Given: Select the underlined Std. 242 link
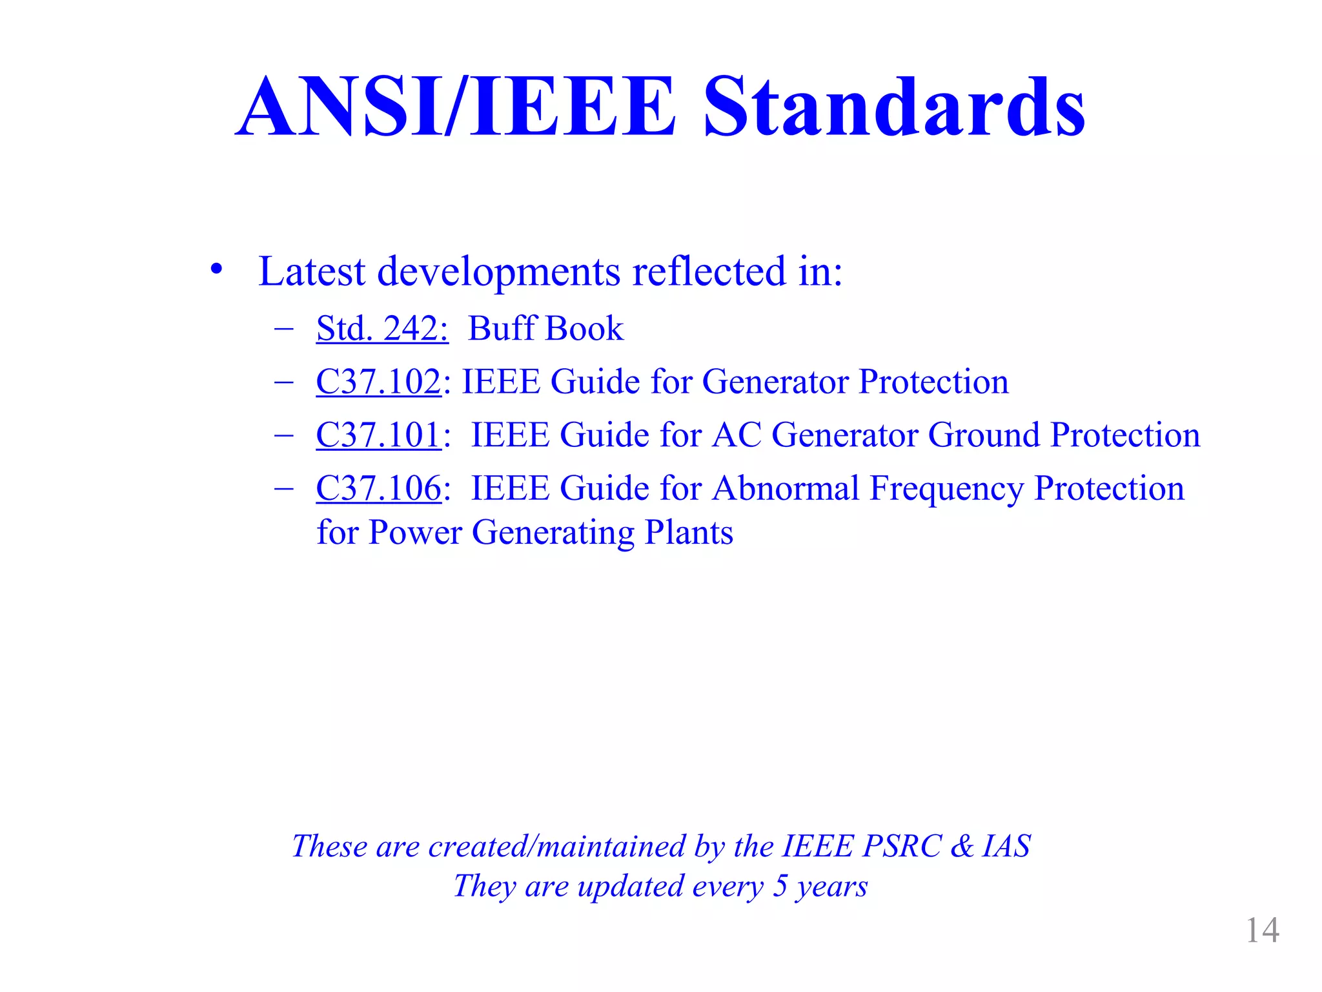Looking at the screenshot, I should pos(381,328).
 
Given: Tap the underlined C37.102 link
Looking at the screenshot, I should pos(378,381).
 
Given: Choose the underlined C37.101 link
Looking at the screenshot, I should pos(378,435).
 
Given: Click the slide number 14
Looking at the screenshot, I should pos(1262,931).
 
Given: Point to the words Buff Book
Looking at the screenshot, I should pos(545,328).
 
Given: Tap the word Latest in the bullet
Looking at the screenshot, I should pos(312,271).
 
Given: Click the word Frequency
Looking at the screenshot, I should pos(946,490).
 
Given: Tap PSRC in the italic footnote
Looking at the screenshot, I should pos(902,846).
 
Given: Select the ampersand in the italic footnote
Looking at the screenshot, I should pos(962,846).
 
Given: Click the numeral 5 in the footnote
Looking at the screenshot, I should pos(780,885).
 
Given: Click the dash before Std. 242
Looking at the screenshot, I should pos(283,328).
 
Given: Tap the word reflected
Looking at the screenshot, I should pos(709,271).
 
